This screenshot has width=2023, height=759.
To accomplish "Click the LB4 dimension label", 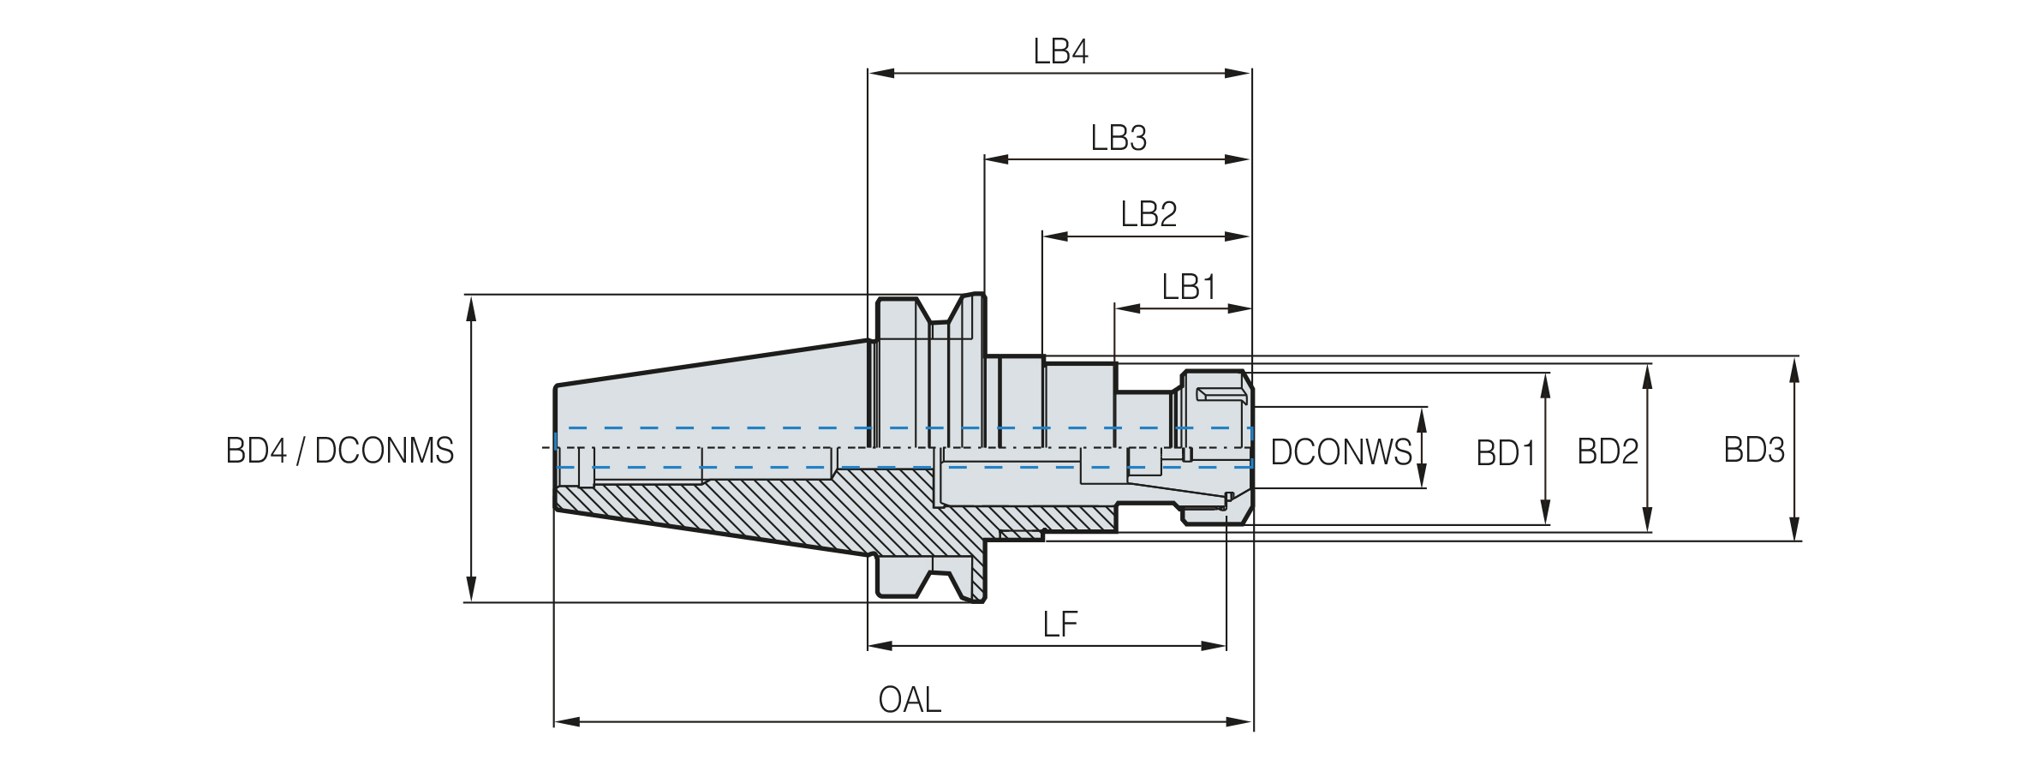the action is coord(1060,52).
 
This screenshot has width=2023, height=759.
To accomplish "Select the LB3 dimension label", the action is coord(1119,138).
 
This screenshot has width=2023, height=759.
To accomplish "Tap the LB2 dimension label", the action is coord(1149,214).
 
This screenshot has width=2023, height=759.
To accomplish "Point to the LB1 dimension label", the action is coord(1189,287).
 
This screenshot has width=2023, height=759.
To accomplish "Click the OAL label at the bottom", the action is coord(910,700).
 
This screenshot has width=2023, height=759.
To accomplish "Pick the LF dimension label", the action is coord(1059,625).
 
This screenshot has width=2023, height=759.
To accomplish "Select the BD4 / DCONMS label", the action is coord(340,451).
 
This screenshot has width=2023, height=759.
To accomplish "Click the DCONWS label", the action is coord(1340,452).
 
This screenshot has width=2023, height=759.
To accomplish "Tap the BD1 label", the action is coord(1506,452).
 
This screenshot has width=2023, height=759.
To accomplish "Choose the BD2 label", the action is coord(1608,451).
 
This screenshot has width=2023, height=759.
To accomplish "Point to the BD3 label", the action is coord(1754,450).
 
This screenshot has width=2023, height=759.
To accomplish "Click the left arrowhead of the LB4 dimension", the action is coord(881,74).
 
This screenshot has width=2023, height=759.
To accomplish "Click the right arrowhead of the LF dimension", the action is coord(1214,646).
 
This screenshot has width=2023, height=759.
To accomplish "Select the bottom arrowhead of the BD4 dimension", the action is coord(470,589).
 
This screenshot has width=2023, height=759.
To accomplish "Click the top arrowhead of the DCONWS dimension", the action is coord(1422,420).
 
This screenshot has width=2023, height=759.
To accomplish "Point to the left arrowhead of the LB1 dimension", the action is coord(1128,308).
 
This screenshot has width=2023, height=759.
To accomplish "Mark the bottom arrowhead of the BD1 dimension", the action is coord(1546,511).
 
